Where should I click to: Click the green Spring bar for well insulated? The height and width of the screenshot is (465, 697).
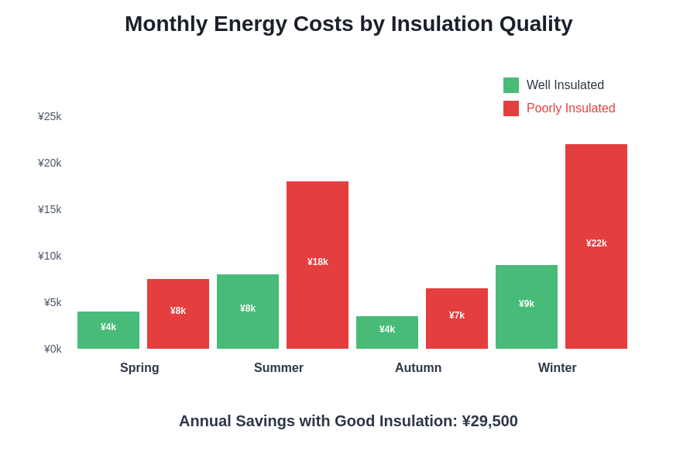(108, 330)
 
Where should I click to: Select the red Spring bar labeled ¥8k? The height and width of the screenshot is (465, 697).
(178, 314)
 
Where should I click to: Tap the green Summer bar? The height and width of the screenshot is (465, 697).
(248, 312)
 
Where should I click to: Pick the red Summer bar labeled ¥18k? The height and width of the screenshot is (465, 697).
(318, 265)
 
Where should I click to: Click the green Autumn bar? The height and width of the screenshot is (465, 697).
(387, 332)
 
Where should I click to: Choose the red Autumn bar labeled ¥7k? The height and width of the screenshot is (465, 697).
(457, 319)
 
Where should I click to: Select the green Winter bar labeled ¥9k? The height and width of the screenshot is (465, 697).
(527, 307)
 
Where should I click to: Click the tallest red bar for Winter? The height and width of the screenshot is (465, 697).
(596, 246)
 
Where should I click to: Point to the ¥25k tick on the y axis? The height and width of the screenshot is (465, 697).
(50, 116)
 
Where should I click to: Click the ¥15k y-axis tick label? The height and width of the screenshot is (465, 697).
(50, 209)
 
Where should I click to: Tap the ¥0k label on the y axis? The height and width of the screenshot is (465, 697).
(53, 349)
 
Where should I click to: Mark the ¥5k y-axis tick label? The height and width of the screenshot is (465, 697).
(53, 302)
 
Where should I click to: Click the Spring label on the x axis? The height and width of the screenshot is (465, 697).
(139, 368)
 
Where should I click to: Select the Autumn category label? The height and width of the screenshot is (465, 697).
(418, 368)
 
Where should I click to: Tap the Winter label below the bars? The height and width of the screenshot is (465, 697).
(558, 368)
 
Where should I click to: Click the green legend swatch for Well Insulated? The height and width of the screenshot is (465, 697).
(511, 85)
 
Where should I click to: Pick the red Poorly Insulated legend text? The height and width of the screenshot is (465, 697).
(571, 108)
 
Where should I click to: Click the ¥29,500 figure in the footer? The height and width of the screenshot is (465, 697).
(489, 421)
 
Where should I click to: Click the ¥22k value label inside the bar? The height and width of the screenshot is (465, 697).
(596, 243)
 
